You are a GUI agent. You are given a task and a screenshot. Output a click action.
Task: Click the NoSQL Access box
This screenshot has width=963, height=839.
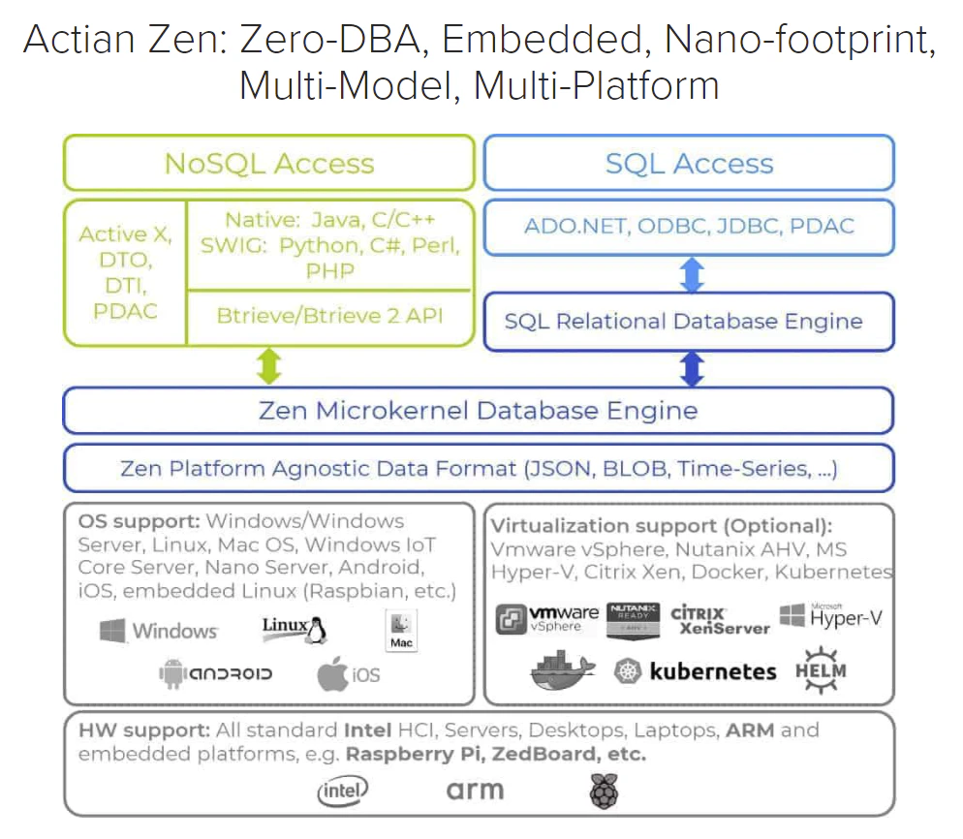point(268,163)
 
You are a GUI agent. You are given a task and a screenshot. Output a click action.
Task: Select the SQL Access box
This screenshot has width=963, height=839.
point(689,163)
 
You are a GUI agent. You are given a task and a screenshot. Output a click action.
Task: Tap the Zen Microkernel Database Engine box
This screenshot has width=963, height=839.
point(478,411)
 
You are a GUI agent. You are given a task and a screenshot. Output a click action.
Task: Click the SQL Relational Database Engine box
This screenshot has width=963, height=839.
point(689,322)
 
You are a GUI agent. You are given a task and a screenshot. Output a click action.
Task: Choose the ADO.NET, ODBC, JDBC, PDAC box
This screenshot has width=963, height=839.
point(689,227)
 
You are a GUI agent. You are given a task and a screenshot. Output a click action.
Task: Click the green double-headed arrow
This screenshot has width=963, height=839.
point(268,365)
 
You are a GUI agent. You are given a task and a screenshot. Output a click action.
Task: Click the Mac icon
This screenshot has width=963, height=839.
point(401,632)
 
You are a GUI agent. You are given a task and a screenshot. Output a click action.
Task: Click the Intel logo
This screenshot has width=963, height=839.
point(343,792)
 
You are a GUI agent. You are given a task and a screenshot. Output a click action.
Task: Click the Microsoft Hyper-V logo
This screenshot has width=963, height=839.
point(831,616)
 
